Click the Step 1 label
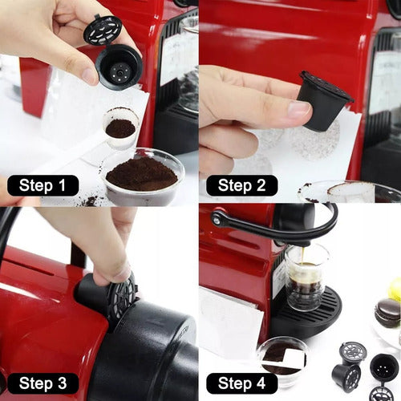pyautogui.click(x=43, y=186)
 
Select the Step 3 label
pyautogui.click(x=43, y=383)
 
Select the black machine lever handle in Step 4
pyautogui.click(x=273, y=226)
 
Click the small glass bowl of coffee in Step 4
pyautogui.click(x=281, y=358)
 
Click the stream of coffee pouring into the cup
pyautogui.click(x=303, y=258)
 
